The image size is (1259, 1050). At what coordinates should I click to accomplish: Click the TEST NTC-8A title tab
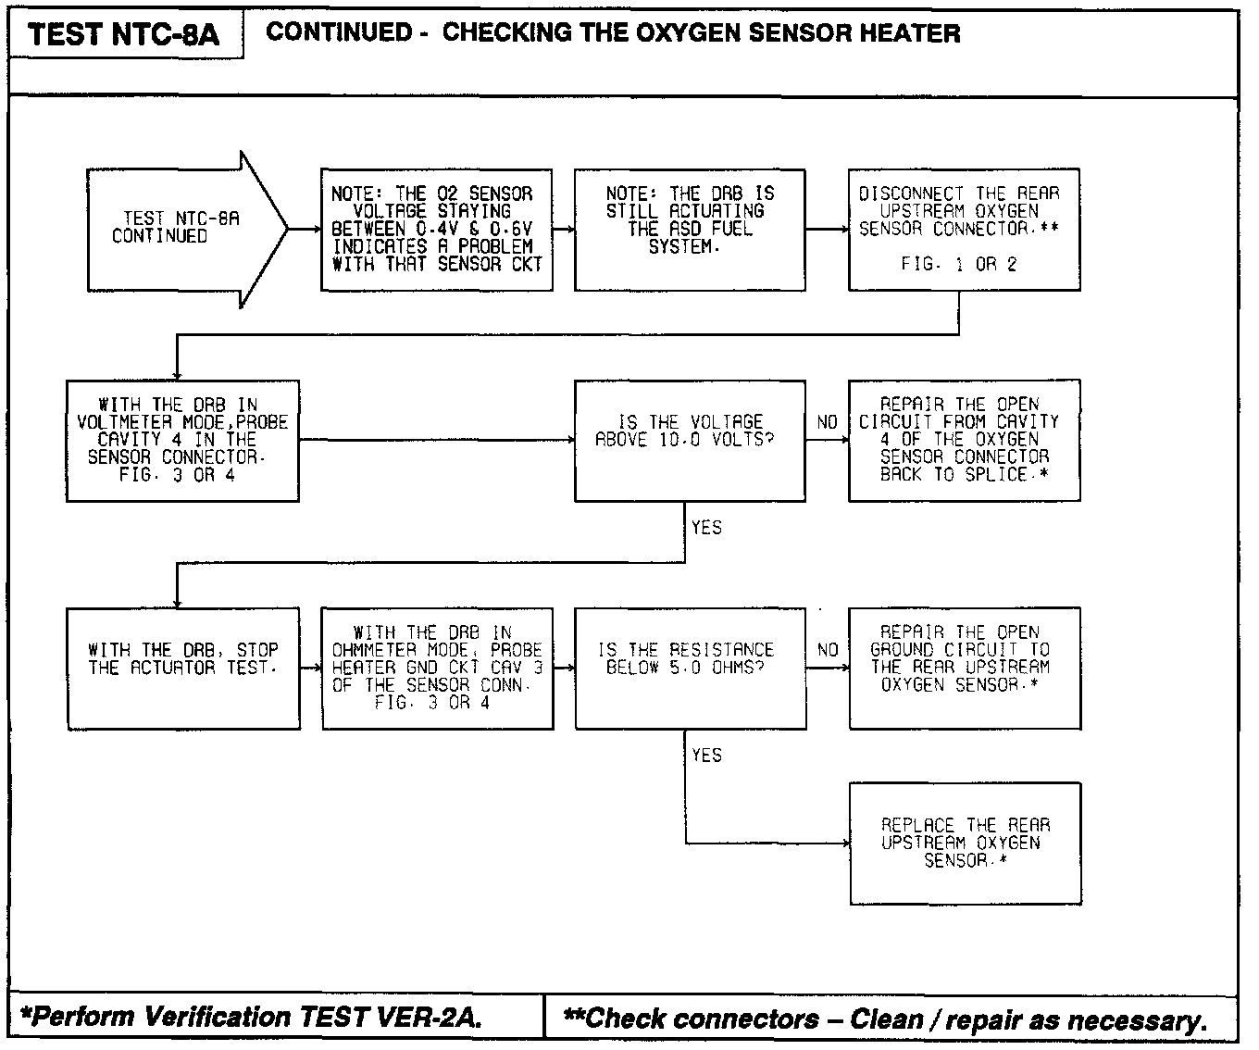coord(124,35)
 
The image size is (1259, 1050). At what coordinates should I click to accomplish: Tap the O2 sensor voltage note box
coord(436,230)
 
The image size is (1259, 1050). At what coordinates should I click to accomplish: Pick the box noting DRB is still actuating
coord(689,230)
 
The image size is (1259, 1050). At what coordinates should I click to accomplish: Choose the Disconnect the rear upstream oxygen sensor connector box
coord(964,230)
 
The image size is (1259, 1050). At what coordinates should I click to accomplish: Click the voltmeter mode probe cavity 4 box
coord(182,441)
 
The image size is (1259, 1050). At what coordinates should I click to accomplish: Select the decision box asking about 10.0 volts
coord(689,441)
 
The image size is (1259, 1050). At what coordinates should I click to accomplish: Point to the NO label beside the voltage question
coord(827,423)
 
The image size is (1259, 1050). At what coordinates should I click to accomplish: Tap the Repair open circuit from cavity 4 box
coord(964,441)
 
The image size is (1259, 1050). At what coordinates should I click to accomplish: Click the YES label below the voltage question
coord(706,528)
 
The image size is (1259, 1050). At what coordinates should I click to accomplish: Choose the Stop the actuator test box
coord(183,669)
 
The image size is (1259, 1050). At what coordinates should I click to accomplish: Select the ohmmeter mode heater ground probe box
coord(437,669)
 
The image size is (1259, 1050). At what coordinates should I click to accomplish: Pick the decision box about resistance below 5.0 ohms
coord(690,669)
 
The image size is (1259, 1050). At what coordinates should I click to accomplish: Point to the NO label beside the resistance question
coord(828,651)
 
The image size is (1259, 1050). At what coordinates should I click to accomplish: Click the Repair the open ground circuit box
coord(964,669)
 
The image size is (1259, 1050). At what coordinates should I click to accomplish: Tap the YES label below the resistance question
coord(706,756)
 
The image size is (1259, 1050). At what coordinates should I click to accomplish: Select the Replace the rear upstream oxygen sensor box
coord(965,843)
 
